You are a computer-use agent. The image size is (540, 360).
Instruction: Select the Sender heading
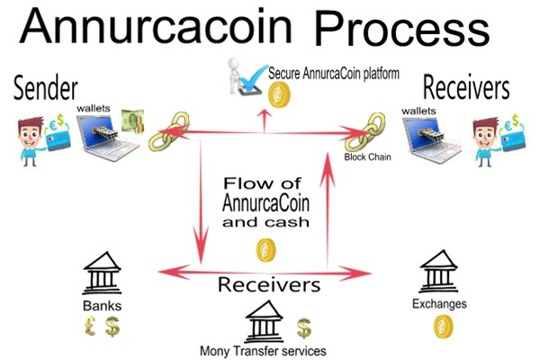click(x=45, y=88)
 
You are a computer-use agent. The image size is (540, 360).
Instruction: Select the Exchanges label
click(x=440, y=303)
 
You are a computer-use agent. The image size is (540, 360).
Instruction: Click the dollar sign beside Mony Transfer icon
click(x=304, y=325)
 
